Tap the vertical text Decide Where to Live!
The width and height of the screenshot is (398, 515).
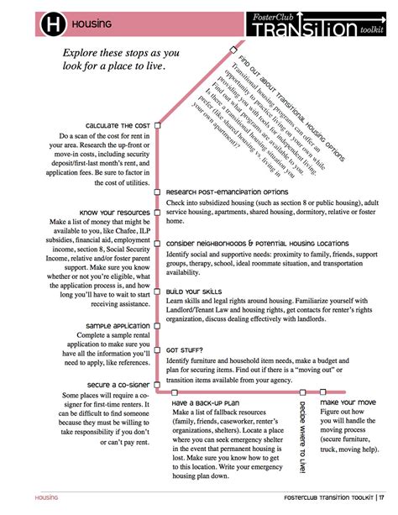[302, 436]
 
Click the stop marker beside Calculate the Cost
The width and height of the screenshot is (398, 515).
[157, 123]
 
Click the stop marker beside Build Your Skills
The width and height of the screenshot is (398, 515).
[157, 291]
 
